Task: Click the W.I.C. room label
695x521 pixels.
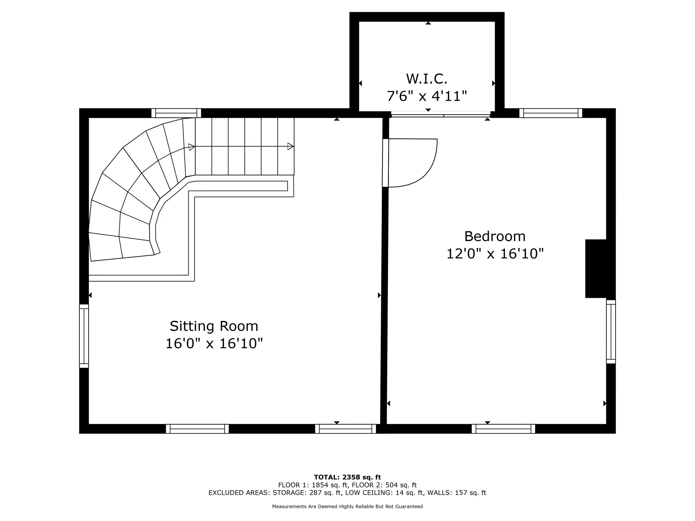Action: tap(427, 79)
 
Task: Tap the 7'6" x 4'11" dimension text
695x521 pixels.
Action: tap(427, 96)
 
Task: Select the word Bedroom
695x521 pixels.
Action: tap(494, 236)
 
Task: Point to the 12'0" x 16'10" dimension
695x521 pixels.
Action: tap(494, 254)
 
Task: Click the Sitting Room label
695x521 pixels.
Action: tap(214, 326)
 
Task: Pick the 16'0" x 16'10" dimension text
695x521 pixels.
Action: tap(214, 344)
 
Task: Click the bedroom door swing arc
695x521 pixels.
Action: tap(428, 170)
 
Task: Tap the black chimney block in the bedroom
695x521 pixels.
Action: tap(596, 269)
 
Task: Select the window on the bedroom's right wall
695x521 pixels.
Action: tap(611, 332)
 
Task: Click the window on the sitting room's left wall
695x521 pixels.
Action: tap(84, 336)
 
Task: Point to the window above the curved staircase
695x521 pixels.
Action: tap(176, 113)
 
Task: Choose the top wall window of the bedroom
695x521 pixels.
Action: tap(550, 113)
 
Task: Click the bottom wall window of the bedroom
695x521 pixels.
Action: tap(503, 429)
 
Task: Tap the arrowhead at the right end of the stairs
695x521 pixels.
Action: tap(290, 147)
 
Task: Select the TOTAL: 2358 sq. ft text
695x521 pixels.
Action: tap(347, 477)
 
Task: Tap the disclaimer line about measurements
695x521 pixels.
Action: tap(347, 506)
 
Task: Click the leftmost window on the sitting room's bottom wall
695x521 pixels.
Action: tap(197, 429)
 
